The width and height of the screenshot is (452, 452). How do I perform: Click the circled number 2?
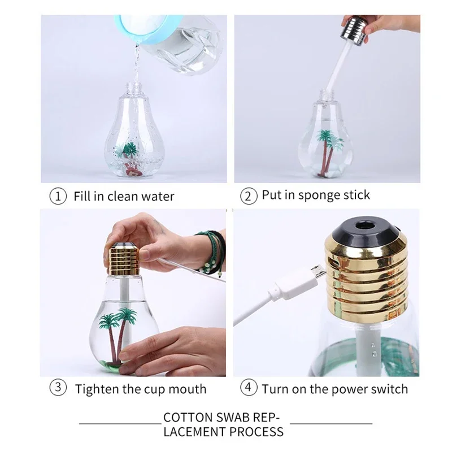pyautogui.click(x=248, y=197)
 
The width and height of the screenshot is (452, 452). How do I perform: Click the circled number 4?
pyautogui.click(x=248, y=389)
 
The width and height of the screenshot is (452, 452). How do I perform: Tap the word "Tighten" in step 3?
pyautogui.click(x=98, y=389)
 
